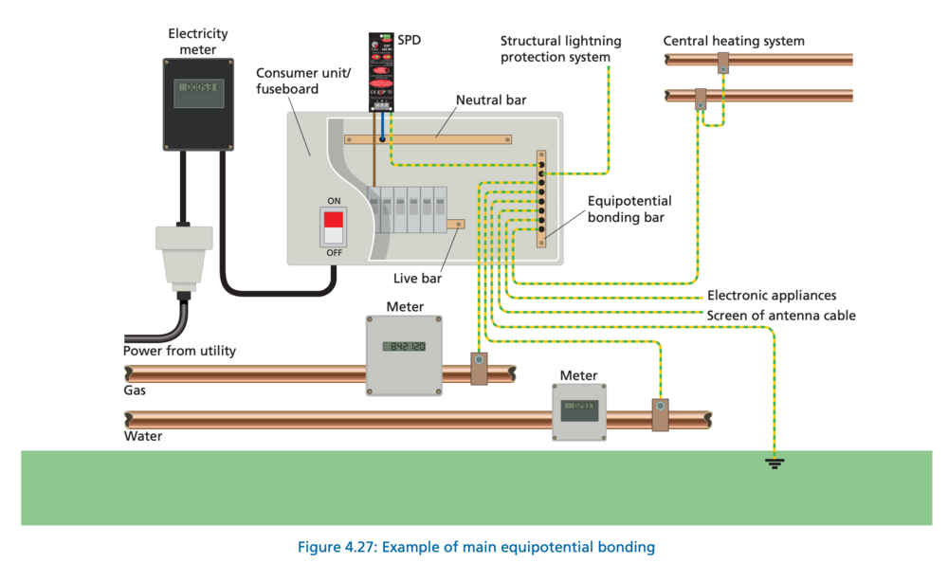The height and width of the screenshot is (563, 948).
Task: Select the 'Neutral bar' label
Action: [491, 100]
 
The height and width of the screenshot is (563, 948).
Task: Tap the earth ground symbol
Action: [776, 463]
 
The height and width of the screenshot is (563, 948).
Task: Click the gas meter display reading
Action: [404, 346]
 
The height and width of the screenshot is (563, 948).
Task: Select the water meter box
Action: [578, 411]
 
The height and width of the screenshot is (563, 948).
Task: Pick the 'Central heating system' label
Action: [734, 41]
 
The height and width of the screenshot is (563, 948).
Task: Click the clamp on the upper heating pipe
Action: [722, 62]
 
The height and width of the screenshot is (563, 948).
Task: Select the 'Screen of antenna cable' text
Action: [781, 315]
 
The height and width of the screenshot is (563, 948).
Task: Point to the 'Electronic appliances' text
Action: [772, 296]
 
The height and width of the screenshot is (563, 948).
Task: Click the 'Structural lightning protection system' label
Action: [561, 48]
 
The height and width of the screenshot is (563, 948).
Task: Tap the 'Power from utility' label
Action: [179, 351]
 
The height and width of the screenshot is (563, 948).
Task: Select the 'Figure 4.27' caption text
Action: [476, 547]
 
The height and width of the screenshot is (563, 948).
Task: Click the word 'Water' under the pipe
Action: [143, 436]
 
